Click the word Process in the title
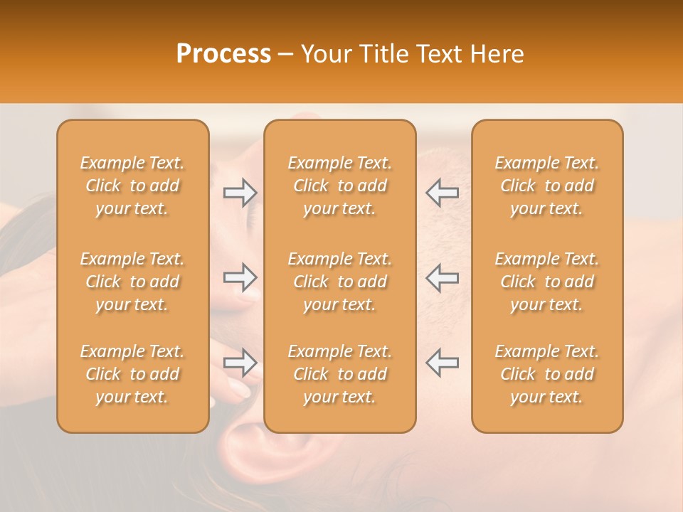pos(223,54)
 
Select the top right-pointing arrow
pos(240,193)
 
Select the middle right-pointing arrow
pos(240,277)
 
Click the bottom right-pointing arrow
pos(240,363)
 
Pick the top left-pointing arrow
pos(443,193)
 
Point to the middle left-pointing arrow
pos(443,277)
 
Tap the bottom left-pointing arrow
pos(443,363)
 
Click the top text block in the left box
pos(132,186)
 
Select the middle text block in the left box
pos(132,282)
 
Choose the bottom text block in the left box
pos(132,374)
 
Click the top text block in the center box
pos(340,186)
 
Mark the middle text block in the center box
pos(340,282)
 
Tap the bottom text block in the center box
pos(340,374)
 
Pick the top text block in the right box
pos(547,186)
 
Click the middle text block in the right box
pos(547,282)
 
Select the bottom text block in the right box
pos(547,374)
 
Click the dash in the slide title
pos(285,55)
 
